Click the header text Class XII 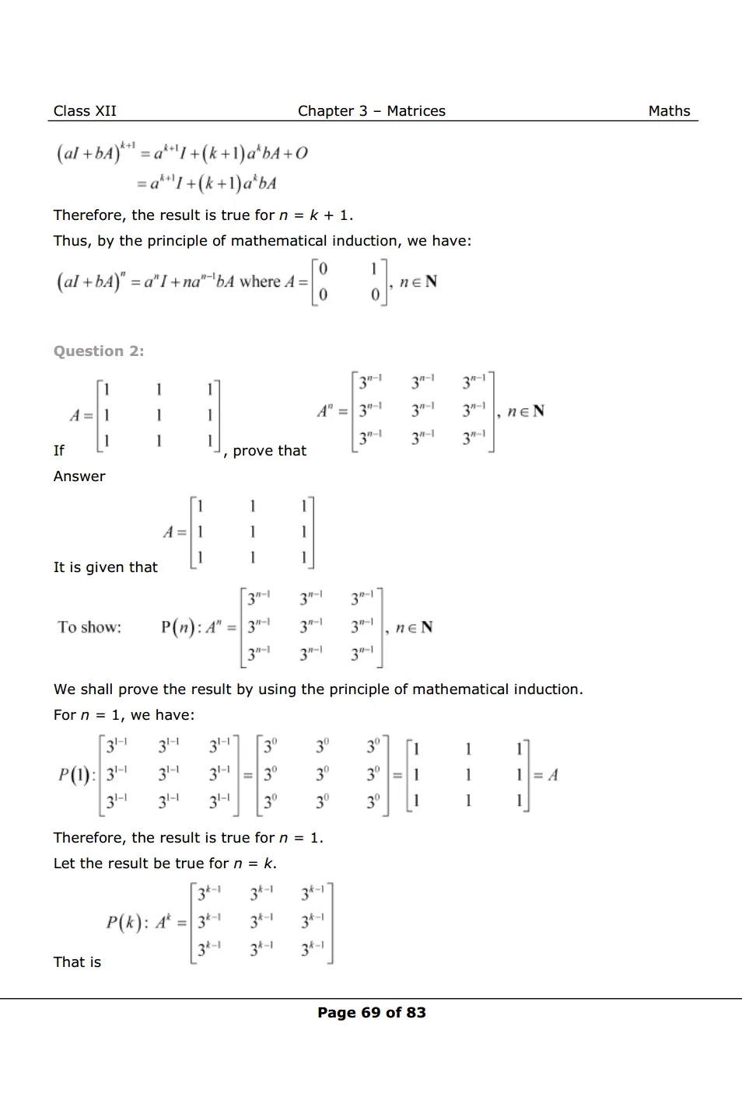point(85,111)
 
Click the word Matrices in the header point(416,111)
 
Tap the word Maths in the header point(669,111)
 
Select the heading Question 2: point(99,351)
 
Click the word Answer point(79,476)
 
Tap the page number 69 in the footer point(371,1013)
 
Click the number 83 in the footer point(416,1013)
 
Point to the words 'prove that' point(269,451)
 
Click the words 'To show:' point(89,627)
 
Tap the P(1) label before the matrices point(75,775)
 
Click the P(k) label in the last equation point(125,923)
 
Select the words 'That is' point(77,962)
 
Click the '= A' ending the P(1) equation point(546,775)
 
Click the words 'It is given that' point(105,567)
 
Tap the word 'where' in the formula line point(260,281)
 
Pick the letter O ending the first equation point(302,153)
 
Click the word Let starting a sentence point(65,864)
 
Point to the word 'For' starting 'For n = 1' point(65,715)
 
